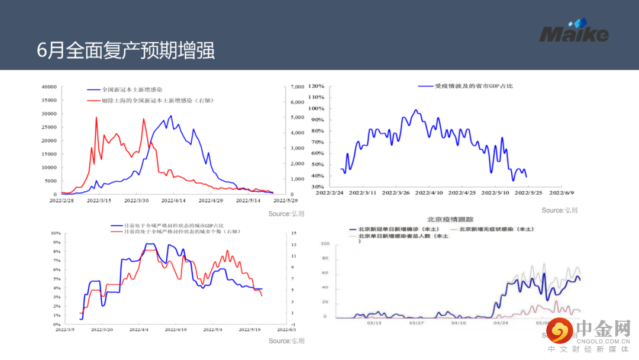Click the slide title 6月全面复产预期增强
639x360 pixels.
click(x=125, y=50)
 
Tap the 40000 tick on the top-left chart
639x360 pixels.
click(x=49, y=87)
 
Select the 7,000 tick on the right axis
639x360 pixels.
click(x=296, y=87)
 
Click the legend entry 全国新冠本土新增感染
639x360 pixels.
click(x=131, y=89)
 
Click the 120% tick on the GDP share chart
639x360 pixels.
click(x=316, y=86)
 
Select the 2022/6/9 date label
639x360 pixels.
click(x=564, y=192)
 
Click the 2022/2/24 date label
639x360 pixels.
click(x=330, y=192)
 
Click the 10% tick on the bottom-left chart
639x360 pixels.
click(x=57, y=233)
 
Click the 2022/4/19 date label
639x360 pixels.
click(x=176, y=330)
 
